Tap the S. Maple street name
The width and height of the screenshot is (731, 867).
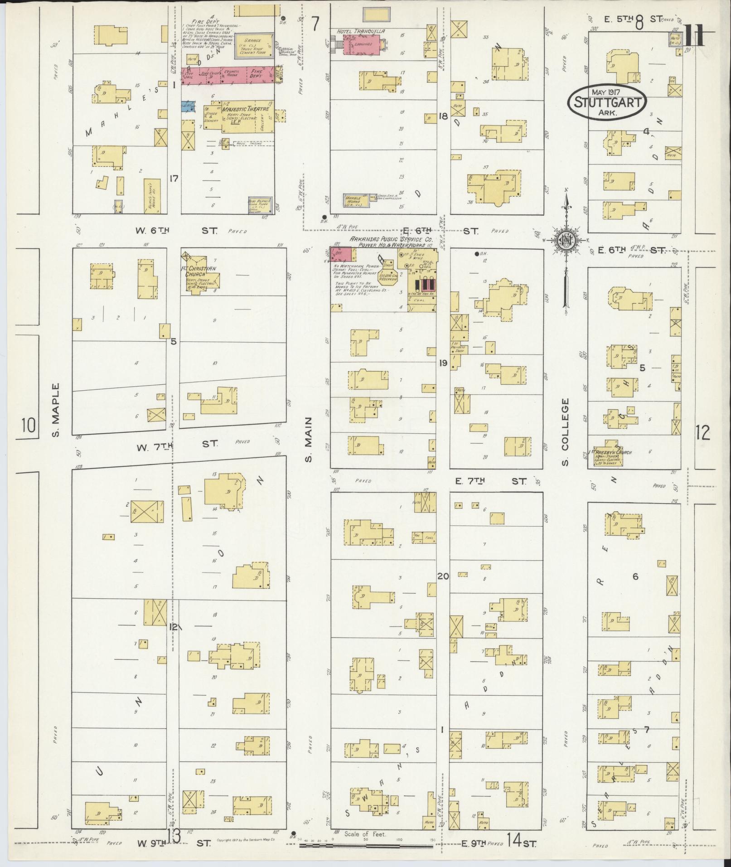coord(56,411)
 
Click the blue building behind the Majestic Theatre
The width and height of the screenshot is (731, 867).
coord(189,107)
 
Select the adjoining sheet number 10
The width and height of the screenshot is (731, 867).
coord(28,425)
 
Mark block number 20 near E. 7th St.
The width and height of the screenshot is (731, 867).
coord(443,576)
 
